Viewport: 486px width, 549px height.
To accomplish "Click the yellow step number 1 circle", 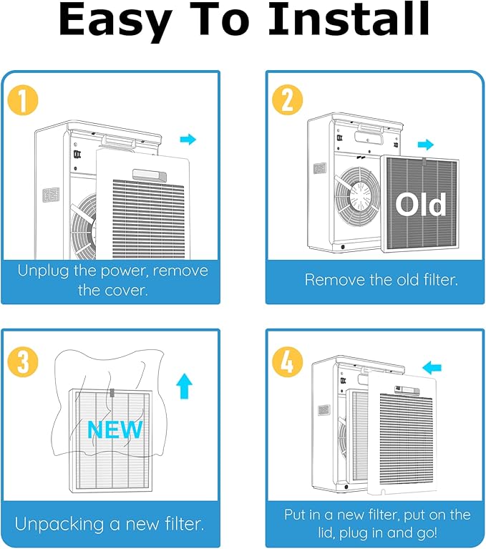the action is click(23, 100).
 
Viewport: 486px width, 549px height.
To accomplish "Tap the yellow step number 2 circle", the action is click(288, 99).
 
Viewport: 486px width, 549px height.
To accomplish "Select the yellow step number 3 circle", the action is click(23, 361).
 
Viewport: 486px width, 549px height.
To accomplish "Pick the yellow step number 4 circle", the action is click(288, 362).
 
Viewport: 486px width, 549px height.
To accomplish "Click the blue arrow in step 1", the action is click(188, 140).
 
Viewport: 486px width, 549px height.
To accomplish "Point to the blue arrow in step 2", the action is click(426, 145).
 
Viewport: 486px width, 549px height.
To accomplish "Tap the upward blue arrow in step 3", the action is click(184, 387).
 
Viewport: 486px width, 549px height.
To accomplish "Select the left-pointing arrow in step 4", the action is click(432, 368).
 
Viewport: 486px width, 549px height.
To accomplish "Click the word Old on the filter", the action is click(421, 204).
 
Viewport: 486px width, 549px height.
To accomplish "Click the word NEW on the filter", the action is click(115, 429).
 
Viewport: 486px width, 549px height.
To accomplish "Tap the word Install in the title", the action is click(349, 19).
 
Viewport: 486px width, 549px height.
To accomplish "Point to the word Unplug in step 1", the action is click(43, 271).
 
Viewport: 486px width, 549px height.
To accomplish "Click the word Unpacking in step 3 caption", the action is click(59, 525).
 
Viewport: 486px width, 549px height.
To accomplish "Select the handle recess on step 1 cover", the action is click(150, 175).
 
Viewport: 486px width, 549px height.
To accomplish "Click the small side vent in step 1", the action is click(51, 195).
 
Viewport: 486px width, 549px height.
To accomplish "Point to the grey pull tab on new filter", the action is click(112, 393).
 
